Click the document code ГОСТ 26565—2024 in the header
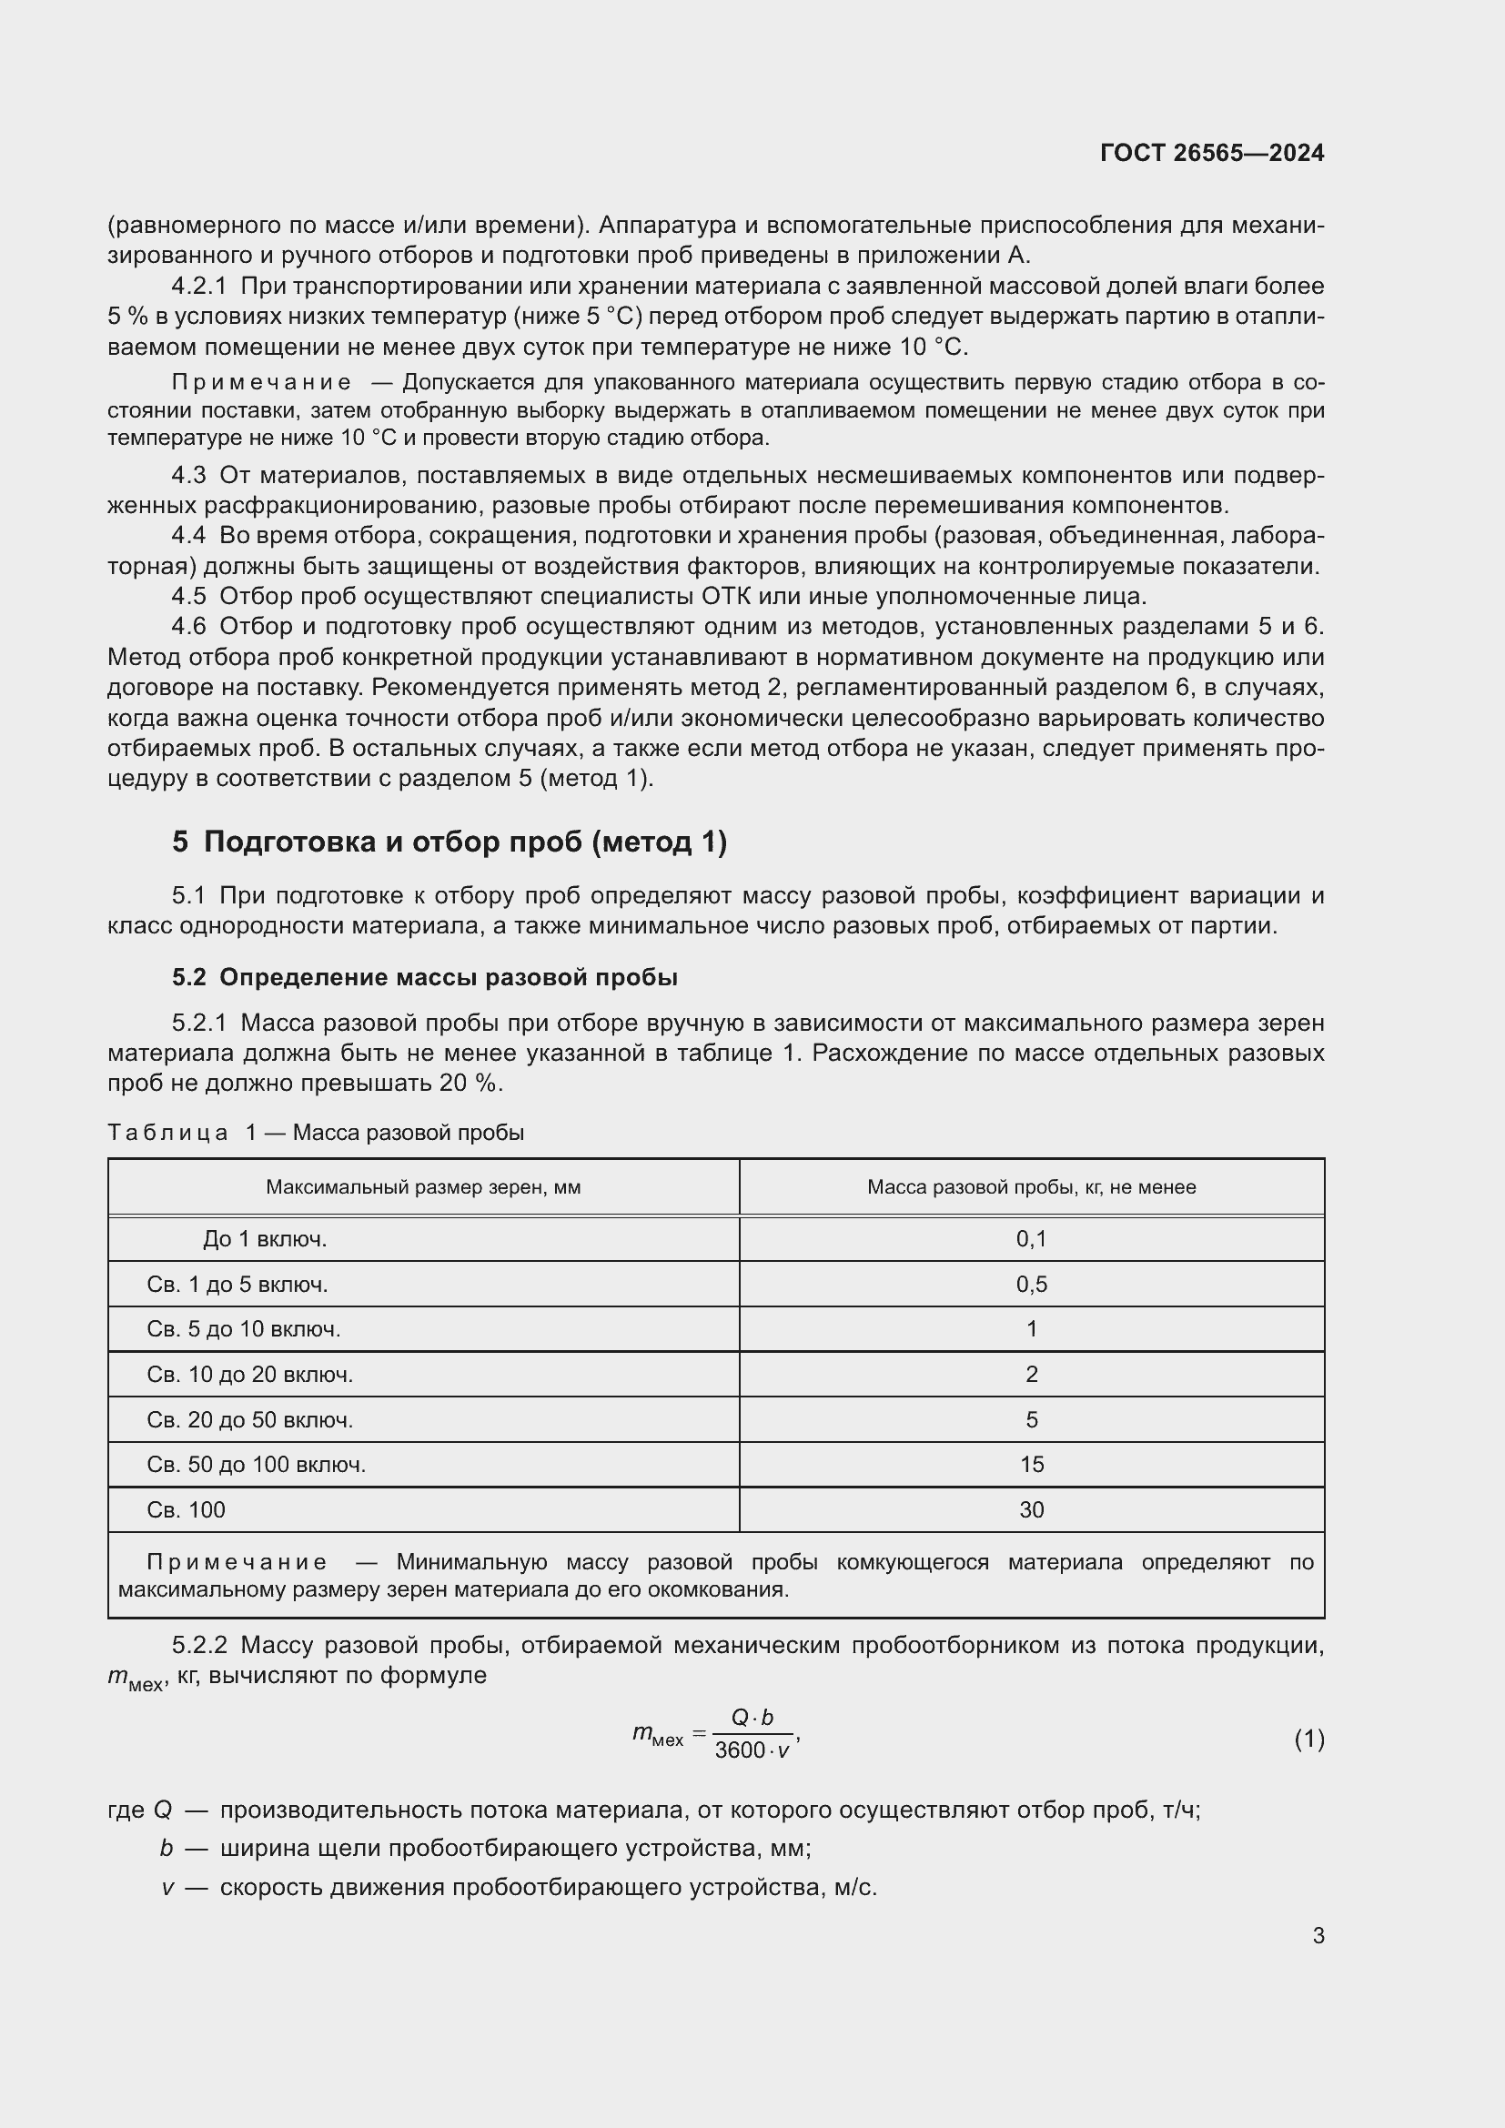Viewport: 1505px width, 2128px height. pos(1211,153)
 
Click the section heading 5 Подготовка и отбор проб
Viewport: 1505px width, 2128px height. pos(449,842)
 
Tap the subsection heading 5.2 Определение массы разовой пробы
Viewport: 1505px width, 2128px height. pos(424,977)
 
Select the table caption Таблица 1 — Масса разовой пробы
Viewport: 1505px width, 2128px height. pos(316,1133)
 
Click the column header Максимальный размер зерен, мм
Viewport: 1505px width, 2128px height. pos(422,1187)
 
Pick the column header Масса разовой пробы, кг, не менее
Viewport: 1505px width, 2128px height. pos(1031,1187)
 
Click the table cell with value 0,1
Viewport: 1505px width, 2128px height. pos(1031,1239)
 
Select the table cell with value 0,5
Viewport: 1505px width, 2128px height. pos(1031,1285)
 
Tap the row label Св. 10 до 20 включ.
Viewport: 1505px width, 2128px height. pos(249,1375)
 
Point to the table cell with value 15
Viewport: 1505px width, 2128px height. pos(1031,1465)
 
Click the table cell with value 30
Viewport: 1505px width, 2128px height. pos(1031,1510)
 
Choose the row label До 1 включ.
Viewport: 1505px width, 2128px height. pos(265,1239)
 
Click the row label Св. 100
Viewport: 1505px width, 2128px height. pos(186,1510)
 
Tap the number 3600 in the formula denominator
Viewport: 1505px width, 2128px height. pos(740,1750)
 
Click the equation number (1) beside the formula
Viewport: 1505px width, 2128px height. pos(1308,1740)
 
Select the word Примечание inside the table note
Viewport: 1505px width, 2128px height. pos(237,1563)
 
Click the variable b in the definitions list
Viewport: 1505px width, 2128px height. pos(166,1848)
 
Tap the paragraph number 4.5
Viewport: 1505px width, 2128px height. pos(188,596)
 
